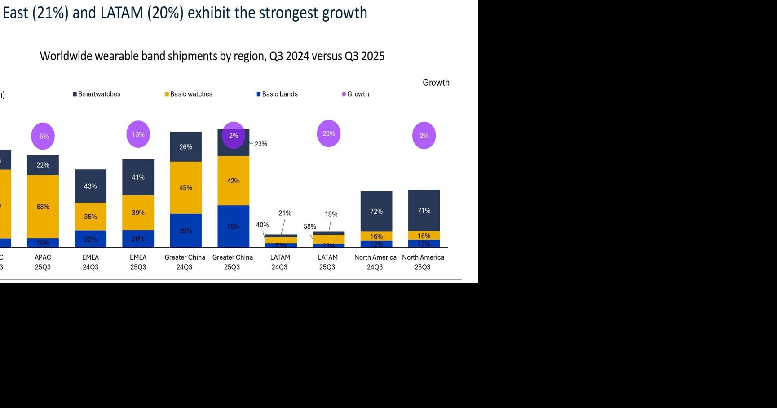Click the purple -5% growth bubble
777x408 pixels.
click(x=43, y=136)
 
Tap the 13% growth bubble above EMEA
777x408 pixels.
click(x=138, y=134)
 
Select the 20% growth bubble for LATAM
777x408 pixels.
click(x=328, y=133)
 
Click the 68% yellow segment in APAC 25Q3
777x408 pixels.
click(x=43, y=207)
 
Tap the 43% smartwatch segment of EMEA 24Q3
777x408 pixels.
click(x=90, y=186)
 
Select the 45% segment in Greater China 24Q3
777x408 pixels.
click(x=185, y=188)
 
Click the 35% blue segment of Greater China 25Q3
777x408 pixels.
click(x=233, y=226)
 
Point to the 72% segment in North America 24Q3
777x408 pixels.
click(x=376, y=211)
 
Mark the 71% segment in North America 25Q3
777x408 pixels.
click(x=424, y=210)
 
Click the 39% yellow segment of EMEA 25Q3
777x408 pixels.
click(x=138, y=213)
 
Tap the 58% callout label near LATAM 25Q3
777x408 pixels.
click(x=309, y=226)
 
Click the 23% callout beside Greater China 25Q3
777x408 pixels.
click(x=260, y=144)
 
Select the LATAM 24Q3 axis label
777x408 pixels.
click(x=280, y=262)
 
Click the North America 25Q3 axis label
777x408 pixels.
click(x=423, y=262)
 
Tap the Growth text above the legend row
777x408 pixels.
click(x=436, y=83)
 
